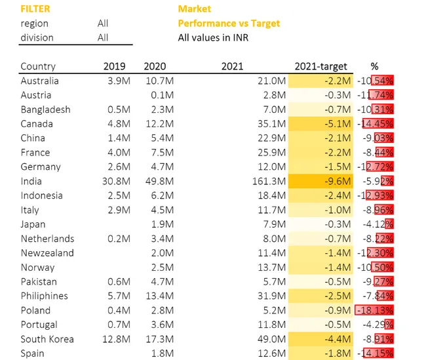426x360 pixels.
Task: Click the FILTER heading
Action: tap(35, 9)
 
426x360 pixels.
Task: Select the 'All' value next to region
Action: tap(103, 24)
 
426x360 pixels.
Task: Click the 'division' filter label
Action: tap(37, 38)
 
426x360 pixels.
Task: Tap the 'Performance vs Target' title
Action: tap(229, 24)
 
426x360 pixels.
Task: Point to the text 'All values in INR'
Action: tap(213, 38)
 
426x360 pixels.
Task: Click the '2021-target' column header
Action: tap(321, 66)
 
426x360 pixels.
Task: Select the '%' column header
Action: tap(374, 66)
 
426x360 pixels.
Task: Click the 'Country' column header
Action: tap(38, 66)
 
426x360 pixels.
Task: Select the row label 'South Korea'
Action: tap(47, 339)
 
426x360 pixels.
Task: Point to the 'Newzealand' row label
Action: tap(47, 253)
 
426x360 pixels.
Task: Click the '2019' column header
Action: tap(115, 66)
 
